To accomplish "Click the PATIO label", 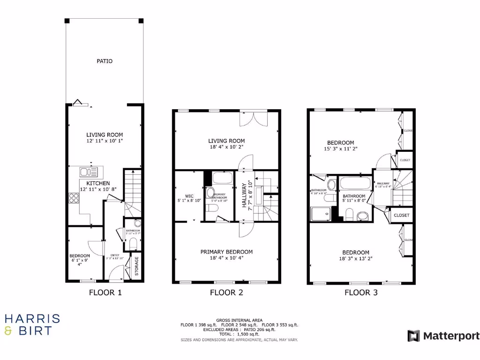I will pyautogui.click(x=105, y=61).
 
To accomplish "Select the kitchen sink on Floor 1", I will pyautogui.click(x=88, y=172).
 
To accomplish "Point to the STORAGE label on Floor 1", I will pyautogui.click(x=136, y=266).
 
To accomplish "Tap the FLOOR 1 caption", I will pyautogui.click(x=105, y=293).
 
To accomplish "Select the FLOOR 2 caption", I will pyautogui.click(x=226, y=293).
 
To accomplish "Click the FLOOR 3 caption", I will pyautogui.click(x=361, y=293).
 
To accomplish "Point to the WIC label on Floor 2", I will pyautogui.click(x=188, y=196).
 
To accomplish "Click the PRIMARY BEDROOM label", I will pyautogui.click(x=226, y=252).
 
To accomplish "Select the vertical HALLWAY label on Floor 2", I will pyautogui.click(x=244, y=196).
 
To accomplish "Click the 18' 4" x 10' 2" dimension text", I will pyautogui.click(x=226, y=147).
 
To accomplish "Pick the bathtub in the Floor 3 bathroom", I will pyautogui.click(x=354, y=182).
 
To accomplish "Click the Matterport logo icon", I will pyautogui.click(x=413, y=336).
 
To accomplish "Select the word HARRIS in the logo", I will pyautogui.click(x=32, y=319).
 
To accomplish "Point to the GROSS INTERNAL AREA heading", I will pyautogui.click(x=240, y=320).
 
